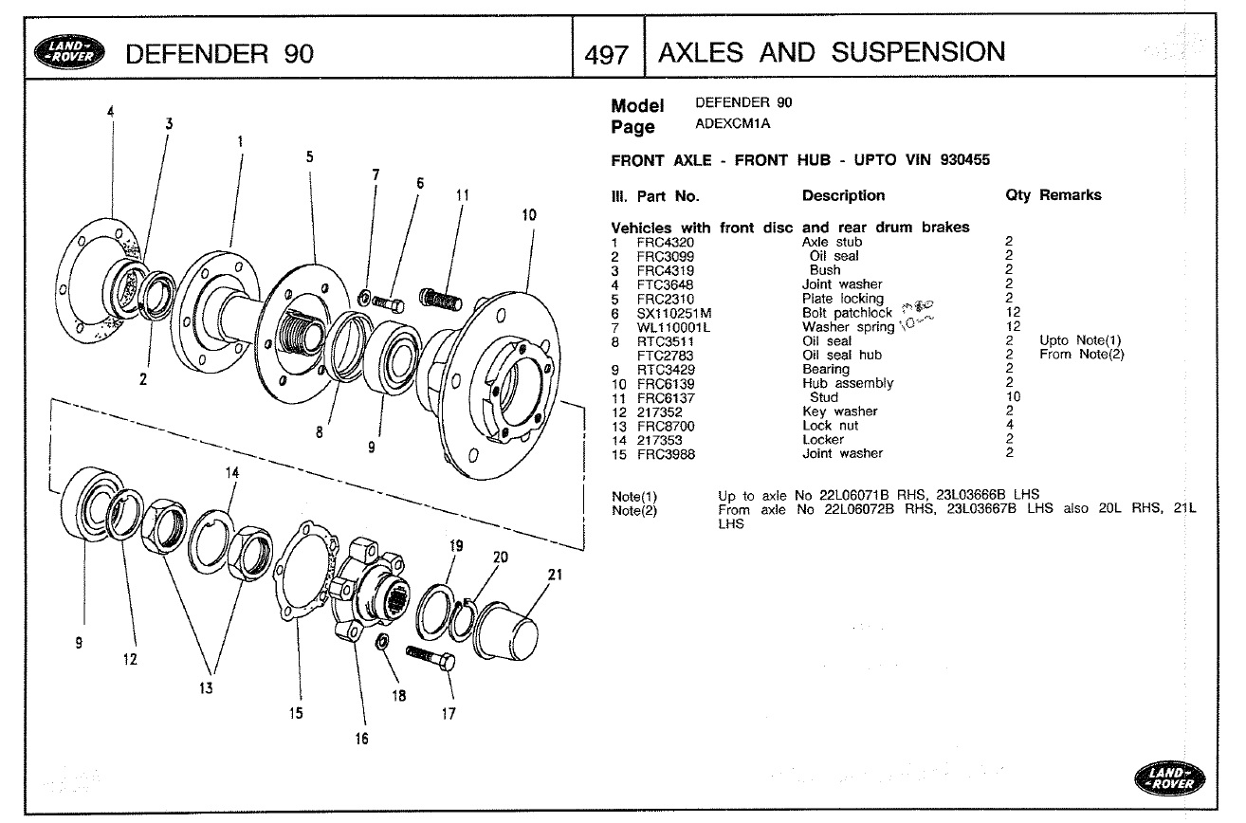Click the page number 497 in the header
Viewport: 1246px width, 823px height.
607,54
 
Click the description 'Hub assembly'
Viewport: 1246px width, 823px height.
848,384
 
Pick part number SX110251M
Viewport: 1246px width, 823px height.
673,313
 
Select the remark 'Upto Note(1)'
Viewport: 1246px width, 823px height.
1080,341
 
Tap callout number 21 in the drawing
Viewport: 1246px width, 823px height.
556,575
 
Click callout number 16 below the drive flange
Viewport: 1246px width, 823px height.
362,739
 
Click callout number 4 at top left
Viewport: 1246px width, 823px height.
111,111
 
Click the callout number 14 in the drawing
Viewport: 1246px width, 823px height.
232,472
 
